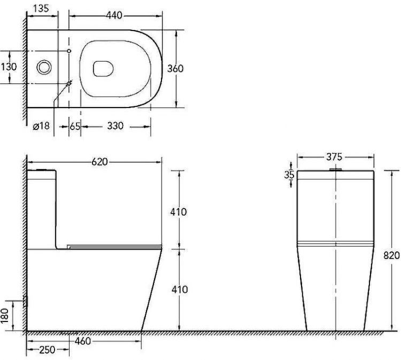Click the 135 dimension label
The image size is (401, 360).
(41, 8)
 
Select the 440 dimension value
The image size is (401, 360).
(114, 16)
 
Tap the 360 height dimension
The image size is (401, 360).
(175, 68)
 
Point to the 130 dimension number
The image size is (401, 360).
(9, 67)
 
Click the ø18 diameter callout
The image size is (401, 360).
(41, 126)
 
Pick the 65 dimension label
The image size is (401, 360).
(75, 126)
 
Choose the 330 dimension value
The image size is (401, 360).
(115, 126)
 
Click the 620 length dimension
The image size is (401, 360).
(100, 162)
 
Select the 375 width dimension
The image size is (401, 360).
(334, 157)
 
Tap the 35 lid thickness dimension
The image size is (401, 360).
(289, 175)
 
